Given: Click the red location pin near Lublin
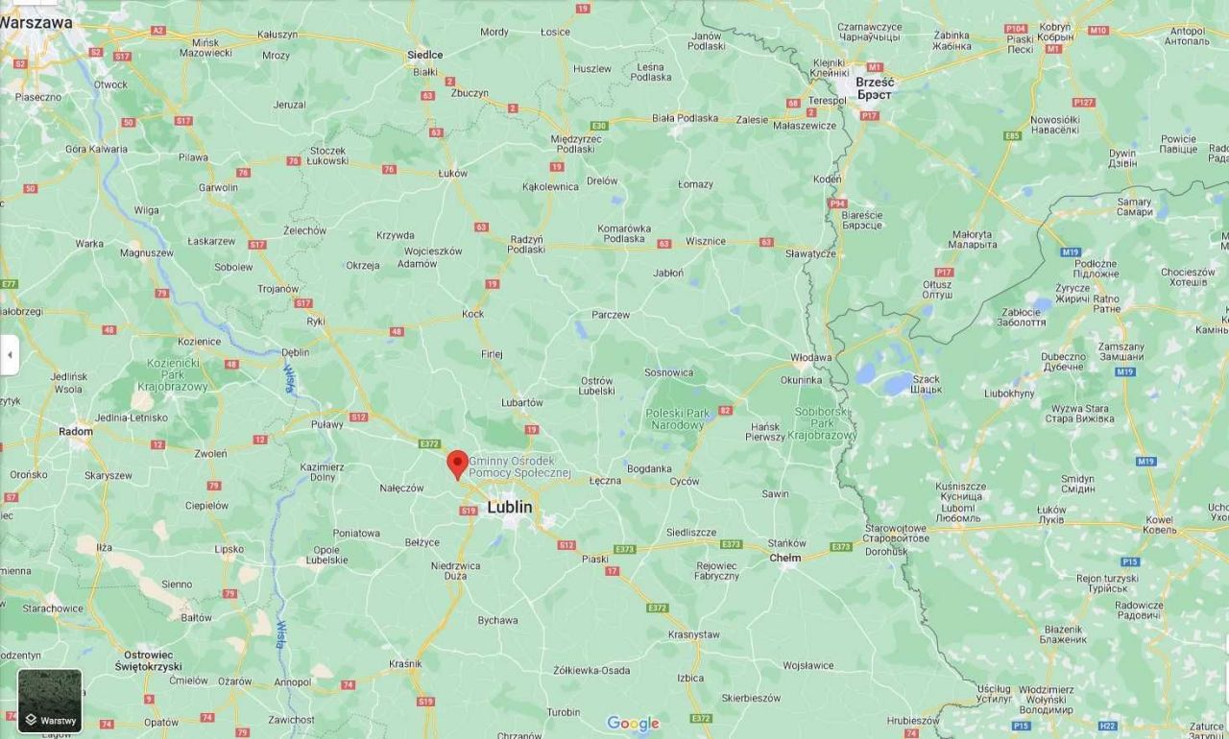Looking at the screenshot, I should click(x=458, y=464).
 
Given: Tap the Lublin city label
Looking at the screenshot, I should click(x=510, y=507).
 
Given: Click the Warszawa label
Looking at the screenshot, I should click(x=36, y=21).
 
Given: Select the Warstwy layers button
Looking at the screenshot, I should click(x=50, y=701).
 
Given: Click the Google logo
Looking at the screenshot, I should click(x=633, y=724).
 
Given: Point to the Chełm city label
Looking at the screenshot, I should click(x=785, y=558).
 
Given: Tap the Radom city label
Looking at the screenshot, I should click(x=76, y=431).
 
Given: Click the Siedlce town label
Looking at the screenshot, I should click(x=424, y=55).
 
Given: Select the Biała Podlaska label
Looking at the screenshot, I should click(x=685, y=118).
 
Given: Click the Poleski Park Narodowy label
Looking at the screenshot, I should click(x=678, y=418).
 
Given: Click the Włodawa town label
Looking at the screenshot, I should click(x=811, y=357).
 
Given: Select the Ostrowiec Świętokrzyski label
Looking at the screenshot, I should click(x=149, y=659).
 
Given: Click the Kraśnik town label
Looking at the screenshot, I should click(x=405, y=663).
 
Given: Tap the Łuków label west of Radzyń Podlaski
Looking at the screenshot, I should click(x=451, y=173).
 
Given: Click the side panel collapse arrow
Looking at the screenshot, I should click(x=10, y=355).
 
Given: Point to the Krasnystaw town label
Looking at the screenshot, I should click(x=694, y=634).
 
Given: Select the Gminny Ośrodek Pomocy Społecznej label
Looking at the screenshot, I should click(x=519, y=467).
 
